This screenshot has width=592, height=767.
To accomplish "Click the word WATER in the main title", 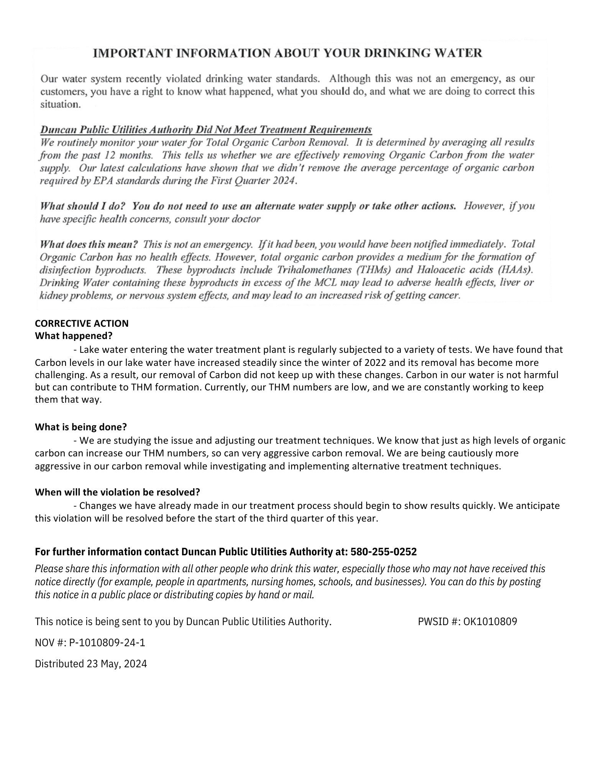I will coord(457,53).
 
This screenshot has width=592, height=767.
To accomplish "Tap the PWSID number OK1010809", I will coord(490,621).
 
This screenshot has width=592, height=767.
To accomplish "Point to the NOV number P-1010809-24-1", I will coord(107,642).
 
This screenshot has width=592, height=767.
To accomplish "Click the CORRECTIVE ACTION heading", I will coord(82,323).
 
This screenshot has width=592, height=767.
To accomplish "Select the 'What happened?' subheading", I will coord(74,336).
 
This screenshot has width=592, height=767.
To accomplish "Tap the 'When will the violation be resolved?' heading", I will coord(117,492).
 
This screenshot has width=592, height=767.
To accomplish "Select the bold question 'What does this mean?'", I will coord(89,244).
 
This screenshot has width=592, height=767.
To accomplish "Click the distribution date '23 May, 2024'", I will coord(117,664).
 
